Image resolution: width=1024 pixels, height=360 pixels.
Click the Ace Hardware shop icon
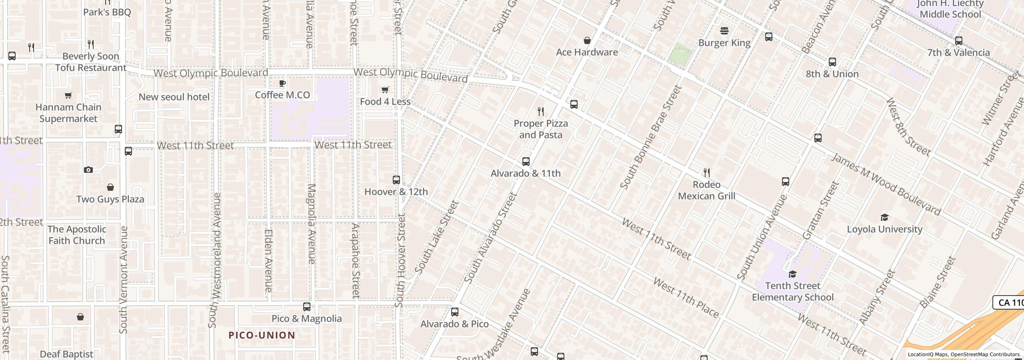pyautogui.click(x=587, y=40)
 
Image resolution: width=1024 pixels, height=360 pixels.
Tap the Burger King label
pyautogui.click(x=724, y=43)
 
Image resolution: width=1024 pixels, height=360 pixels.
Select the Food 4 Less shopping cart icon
pyautogui.click(x=385, y=90)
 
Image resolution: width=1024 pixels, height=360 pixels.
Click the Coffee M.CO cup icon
pyautogui.click(x=282, y=83)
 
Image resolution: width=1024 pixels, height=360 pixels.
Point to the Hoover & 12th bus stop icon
pyautogui.click(x=396, y=180)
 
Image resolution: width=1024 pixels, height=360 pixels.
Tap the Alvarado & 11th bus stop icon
pyautogui.click(x=526, y=162)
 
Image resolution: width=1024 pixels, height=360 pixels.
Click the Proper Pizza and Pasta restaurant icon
pyautogui.click(x=541, y=111)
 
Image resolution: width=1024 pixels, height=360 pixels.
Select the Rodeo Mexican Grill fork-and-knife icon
pyautogui.click(x=707, y=173)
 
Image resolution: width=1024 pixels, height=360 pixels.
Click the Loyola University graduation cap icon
pyautogui.click(x=884, y=218)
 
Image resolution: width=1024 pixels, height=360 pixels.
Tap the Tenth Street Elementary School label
pyautogui.click(x=792, y=292)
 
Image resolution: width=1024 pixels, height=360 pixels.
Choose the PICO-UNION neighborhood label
pyautogui.click(x=262, y=335)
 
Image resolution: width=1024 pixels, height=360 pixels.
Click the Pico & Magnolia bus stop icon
pyautogui.click(x=306, y=307)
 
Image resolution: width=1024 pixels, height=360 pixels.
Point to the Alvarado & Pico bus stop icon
pyautogui.click(x=454, y=312)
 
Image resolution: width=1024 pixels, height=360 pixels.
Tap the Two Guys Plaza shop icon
pyautogui.click(x=110, y=187)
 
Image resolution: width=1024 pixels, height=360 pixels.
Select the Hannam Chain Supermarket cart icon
pyautogui.click(x=68, y=96)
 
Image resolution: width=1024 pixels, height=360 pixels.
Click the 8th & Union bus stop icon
pyautogui.click(x=832, y=62)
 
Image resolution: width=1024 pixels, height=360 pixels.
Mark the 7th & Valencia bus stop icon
pyautogui.click(x=958, y=41)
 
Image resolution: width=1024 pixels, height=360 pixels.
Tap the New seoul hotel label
pyautogui.click(x=174, y=97)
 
